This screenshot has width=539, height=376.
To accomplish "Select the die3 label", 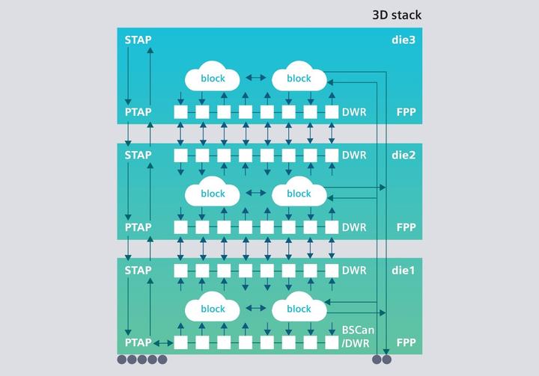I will point(405,39).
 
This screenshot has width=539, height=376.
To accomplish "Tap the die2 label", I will point(405,155).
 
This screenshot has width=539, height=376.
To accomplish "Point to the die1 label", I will point(405,271).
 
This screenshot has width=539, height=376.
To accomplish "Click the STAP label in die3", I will point(138,39).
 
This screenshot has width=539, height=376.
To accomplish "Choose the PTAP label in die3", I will point(138,112).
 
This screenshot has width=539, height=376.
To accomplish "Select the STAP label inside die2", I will point(138,155).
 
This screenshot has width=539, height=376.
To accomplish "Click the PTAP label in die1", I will point(138,342).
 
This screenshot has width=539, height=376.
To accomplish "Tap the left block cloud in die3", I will point(213,78).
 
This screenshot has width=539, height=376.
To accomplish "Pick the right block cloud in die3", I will point(299,78).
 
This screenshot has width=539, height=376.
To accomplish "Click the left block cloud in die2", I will point(213,194).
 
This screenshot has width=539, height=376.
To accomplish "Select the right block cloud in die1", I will point(299,309).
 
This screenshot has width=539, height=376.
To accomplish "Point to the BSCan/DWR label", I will point(353,336).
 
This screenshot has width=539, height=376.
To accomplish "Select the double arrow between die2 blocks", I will point(255,194).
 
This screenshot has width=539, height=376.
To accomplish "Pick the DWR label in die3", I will point(354,112).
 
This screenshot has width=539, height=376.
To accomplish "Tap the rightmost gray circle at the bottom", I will point(387,360).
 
